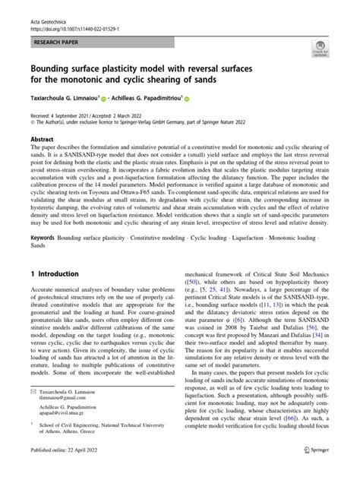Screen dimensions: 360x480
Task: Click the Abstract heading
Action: (43, 141)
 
